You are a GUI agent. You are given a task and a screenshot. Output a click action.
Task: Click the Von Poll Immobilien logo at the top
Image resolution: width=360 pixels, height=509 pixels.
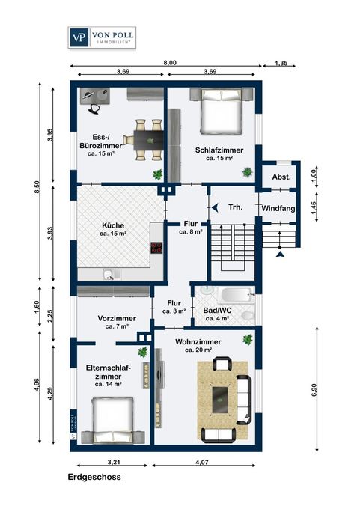tap(102, 37)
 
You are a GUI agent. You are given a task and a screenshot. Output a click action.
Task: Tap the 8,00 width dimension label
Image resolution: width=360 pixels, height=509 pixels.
tap(170, 63)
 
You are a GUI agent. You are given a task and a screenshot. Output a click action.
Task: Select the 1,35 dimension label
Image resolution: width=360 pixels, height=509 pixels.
tap(281, 63)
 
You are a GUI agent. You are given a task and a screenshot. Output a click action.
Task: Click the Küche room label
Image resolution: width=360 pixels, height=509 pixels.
tap(113, 225)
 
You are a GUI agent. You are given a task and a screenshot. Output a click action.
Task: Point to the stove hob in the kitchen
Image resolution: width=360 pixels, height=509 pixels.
tap(156, 248)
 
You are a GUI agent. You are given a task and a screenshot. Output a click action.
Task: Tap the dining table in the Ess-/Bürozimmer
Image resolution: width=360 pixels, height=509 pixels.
tap(149, 140)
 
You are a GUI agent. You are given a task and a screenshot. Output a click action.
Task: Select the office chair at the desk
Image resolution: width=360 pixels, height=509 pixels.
tap(94, 109)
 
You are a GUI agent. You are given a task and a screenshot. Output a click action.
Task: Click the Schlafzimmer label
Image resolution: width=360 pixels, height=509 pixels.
tap(219, 150)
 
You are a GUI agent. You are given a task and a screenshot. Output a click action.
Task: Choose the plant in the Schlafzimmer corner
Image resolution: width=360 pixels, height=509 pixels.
tap(247, 172)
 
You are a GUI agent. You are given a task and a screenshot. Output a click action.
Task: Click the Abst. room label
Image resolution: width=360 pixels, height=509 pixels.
tap(281, 177)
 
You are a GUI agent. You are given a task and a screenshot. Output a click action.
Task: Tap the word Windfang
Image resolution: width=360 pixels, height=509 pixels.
tap(278, 208)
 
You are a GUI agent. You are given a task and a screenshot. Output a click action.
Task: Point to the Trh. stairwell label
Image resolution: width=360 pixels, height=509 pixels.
tap(235, 207)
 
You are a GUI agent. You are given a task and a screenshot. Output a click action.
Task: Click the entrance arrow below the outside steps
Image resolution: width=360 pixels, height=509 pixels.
tap(280, 254)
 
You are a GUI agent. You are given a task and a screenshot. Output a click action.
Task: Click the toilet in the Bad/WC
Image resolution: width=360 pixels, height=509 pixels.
tap(248, 316)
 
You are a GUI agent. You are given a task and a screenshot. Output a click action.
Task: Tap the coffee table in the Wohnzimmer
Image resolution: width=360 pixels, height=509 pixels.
tap(220, 400)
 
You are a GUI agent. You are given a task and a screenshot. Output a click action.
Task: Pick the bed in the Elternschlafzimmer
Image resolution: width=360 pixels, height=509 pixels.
tap(113, 420)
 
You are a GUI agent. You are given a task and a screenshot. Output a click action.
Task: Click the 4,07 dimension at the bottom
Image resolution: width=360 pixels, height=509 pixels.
tap(202, 463)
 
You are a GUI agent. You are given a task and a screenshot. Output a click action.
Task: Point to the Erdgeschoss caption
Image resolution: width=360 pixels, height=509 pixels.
tap(94, 477)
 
